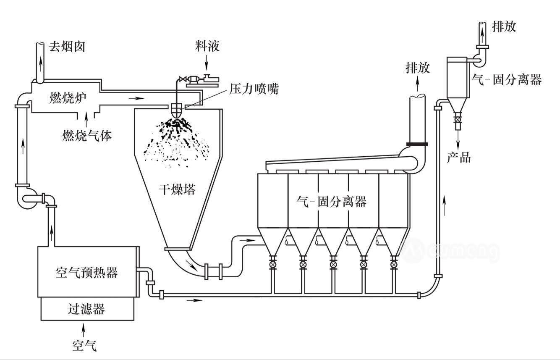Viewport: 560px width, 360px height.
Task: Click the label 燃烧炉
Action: coord(68,98)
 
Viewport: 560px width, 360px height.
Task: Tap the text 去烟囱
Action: coord(68,46)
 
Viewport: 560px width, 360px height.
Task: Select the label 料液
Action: coord(207,45)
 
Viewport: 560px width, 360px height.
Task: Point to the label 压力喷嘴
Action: coord(254,89)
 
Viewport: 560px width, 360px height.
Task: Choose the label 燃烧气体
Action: coord(87,135)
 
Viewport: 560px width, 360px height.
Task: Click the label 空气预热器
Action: coord(86,273)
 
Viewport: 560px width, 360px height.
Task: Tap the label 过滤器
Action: coord(86,310)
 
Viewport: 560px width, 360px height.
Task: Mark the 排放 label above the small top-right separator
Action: coord(504,27)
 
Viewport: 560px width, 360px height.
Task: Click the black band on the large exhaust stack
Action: coord(417,144)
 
